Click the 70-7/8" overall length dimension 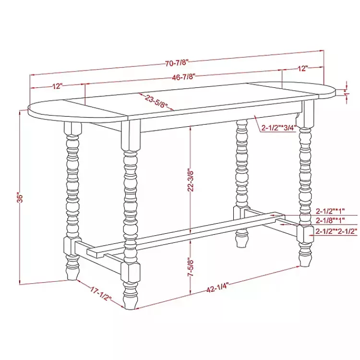coord(177,63)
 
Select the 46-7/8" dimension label coord(183,77)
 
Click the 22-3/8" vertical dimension coord(191,181)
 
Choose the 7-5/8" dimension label coord(191,267)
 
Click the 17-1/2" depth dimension coord(100,294)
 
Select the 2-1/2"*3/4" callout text coord(278,128)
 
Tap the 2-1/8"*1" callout coord(330,221)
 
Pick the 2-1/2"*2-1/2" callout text coord(336,231)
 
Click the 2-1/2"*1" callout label coord(330,211)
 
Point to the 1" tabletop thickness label coord(347,93)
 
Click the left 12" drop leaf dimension coord(57,86)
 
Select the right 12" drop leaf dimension coord(302,69)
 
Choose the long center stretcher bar coord(185,233)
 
